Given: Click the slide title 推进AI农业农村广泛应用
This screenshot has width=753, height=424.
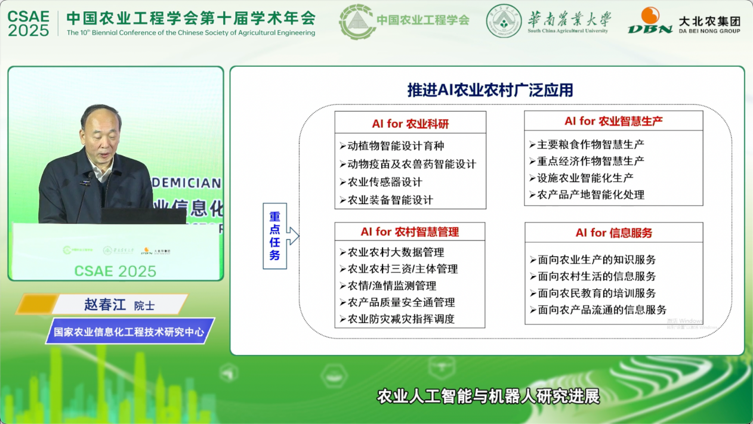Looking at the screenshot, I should tap(490, 91).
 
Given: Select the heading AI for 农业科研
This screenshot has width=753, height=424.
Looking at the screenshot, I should tap(410, 124).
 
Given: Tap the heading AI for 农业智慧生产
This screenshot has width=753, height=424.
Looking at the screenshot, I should tap(613, 121).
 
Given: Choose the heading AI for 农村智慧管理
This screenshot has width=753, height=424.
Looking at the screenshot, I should tap(409, 232).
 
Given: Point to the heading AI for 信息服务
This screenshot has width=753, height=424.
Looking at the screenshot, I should tap(613, 233).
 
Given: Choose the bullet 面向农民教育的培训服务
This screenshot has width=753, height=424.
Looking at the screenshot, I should tap(597, 293).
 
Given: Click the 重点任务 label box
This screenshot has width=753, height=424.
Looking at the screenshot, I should tap(274, 236).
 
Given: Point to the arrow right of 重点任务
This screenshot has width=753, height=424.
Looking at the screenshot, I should tap(293, 236).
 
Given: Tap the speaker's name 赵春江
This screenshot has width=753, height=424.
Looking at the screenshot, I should tap(105, 305).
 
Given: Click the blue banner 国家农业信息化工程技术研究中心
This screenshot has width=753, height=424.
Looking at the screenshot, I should tap(129, 331).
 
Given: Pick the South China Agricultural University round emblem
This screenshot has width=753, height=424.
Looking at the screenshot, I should tap(504, 21).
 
